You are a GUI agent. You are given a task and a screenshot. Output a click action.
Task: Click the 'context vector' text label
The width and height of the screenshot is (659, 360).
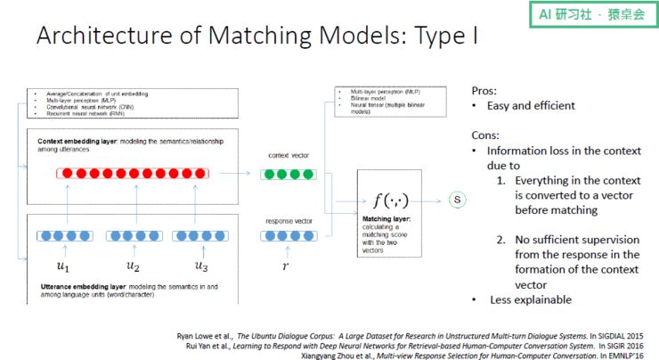(x=286, y=155)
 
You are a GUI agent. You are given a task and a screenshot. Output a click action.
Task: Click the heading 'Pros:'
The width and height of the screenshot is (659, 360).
(x=485, y=90)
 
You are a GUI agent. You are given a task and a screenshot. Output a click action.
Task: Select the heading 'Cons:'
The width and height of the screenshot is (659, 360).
(x=486, y=135)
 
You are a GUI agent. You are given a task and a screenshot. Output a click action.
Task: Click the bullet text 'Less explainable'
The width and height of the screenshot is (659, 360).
(x=529, y=299)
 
